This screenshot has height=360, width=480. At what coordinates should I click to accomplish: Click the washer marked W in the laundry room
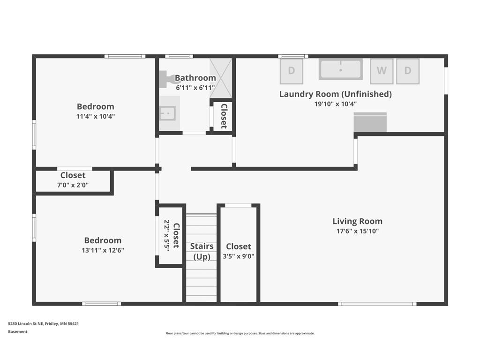[382, 71]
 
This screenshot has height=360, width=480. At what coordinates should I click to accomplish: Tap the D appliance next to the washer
[407, 71]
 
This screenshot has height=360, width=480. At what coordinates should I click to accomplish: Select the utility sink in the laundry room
[341, 69]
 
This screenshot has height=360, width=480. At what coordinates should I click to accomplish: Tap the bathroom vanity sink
[167, 113]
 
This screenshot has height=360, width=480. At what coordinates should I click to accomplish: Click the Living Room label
[357, 221]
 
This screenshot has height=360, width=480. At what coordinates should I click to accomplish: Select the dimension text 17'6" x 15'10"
[357, 231]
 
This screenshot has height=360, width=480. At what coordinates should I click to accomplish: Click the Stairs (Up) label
[202, 251]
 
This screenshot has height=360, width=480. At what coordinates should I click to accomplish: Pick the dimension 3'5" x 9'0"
[238, 256]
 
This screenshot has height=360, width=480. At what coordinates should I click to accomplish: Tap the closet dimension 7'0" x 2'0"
[73, 185]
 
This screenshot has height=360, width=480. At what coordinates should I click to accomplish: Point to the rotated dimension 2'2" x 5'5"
[167, 234]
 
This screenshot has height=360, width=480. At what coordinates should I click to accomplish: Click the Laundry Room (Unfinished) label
[335, 94]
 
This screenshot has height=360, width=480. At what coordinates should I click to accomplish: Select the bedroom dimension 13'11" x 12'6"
[103, 250]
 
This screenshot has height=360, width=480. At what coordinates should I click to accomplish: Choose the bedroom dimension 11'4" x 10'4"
[95, 116]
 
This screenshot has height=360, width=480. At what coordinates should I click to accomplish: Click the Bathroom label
[195, 78]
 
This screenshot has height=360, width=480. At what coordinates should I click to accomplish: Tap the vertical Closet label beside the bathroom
[224, 116]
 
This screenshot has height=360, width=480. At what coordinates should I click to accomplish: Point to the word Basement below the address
[18, 332]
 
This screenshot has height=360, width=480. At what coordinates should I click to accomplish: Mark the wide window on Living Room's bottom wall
[377, 304]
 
